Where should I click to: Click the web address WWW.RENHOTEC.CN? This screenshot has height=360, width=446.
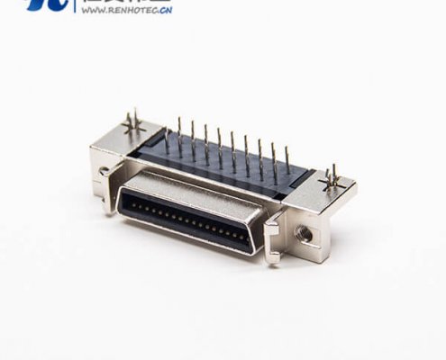[125, 12]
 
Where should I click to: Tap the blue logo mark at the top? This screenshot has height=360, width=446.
[47, 5]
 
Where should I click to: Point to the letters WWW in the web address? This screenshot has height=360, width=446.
[91, 12]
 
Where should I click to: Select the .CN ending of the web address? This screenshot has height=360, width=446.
[162, 12]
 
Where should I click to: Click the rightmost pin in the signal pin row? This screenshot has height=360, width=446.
[287, 162]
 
